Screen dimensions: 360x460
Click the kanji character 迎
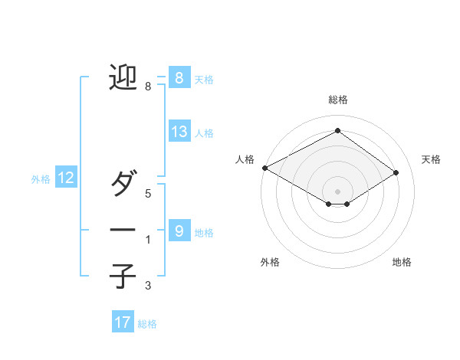click(123, 77)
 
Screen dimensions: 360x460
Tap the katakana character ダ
click(123, 184)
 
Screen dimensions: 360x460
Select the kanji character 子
click(123, 276)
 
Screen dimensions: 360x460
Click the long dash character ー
click(123, 230)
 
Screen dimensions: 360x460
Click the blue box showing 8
click(179, 77)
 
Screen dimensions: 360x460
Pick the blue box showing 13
click(179, 132)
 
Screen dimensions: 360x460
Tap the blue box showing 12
click(66, 178)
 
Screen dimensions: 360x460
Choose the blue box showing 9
click(179, 231)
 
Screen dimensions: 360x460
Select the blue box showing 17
click(123, 322)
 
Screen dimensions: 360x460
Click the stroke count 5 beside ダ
click(148, 194)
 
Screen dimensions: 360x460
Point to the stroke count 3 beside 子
click(148, 286)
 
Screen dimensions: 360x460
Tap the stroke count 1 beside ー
click(148, 240)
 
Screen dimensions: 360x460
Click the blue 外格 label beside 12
click(41, 179)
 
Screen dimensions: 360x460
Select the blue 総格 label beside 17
click(147, 324)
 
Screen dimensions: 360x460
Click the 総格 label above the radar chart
click(337, 100)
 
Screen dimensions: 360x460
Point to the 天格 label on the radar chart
click(431, 159)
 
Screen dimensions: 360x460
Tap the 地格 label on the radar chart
click(402, 262)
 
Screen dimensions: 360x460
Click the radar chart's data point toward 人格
click(264, 168)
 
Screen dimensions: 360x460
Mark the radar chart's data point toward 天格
click(396, 172)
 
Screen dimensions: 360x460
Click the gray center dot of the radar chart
click(337, 191)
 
